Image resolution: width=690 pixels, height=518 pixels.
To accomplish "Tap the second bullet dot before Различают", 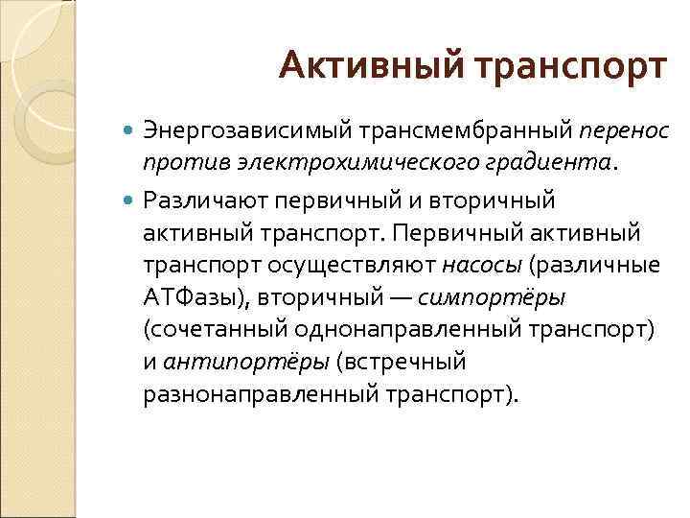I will (x=130, y=200).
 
